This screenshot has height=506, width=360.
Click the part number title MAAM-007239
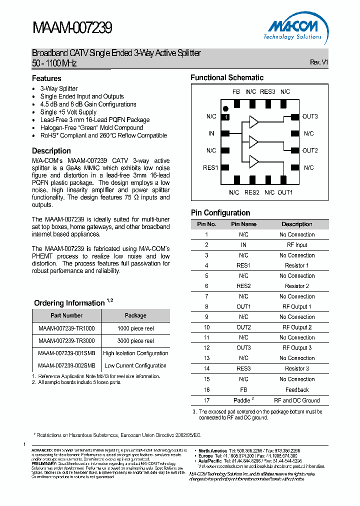coord(72,28)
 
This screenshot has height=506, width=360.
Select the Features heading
coord(46,78)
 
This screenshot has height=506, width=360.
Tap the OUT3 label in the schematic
coord(310,116)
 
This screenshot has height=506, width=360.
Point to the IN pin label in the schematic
coord(211,133)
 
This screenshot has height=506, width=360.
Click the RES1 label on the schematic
coord(210,167)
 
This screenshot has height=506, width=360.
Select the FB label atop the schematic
coord(236,92)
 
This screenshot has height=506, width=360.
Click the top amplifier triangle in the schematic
coord(254,122)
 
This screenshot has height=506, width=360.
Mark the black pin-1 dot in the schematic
coord(225,108)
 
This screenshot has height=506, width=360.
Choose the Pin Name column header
coord(243,224)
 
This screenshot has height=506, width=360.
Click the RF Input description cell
coord(297,245)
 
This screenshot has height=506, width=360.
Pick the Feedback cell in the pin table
coord(297,390)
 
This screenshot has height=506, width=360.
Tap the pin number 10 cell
coord(206,327)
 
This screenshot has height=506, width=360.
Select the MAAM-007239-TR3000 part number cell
coord(66,340)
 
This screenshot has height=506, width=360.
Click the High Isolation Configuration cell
coord(135,353)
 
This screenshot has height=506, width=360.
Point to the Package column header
coord(135,315)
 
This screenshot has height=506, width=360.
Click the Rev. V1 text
coord(318,62)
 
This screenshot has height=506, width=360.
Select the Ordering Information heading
coord(69,303)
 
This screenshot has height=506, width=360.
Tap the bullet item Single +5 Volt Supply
coord(68,112)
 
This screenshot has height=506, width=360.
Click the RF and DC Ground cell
coord(297,400)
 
